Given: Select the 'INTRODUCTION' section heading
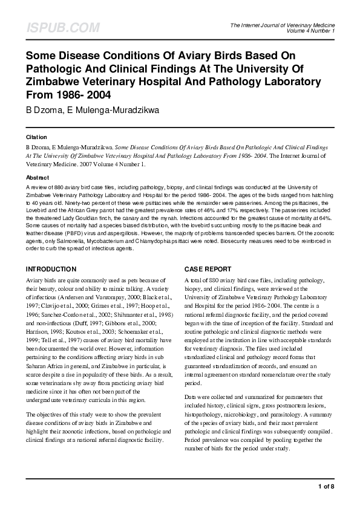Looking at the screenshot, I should pos(51,268).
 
